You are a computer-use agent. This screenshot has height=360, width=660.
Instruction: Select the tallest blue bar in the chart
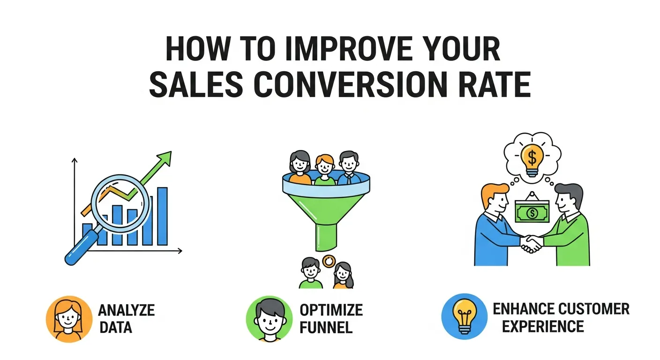[x=162, y=216]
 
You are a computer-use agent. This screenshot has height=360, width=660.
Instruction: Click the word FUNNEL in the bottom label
[x=326, y=327]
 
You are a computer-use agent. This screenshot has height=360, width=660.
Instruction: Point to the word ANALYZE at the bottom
[x=126, y=310]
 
